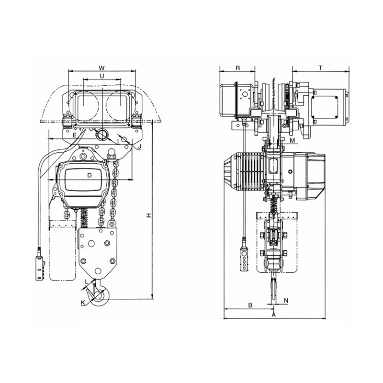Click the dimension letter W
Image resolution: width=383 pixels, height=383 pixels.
(x=101, y=67)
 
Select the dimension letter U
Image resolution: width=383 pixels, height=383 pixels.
(x=101, y=76)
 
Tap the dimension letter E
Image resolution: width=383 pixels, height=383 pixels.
(x=74, y=136)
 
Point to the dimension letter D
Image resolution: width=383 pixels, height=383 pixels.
(x=89, y=176)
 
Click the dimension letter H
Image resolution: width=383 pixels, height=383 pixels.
(x=149, y=216)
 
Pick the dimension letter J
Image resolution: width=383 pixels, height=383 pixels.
(x=139, y=146)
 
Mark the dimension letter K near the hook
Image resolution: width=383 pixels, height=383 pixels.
(x=83, y=302)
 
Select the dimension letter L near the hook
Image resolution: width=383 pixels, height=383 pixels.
(x=86, y=282)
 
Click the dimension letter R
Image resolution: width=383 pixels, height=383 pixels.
(x=238, y=68)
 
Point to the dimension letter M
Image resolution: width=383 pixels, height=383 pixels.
(x=292, y=140)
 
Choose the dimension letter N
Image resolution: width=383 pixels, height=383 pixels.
(x=286, y=300)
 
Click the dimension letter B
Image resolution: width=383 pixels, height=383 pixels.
(x=250, y=304)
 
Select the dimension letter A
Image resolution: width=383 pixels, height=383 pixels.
(x=273, y=315)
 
